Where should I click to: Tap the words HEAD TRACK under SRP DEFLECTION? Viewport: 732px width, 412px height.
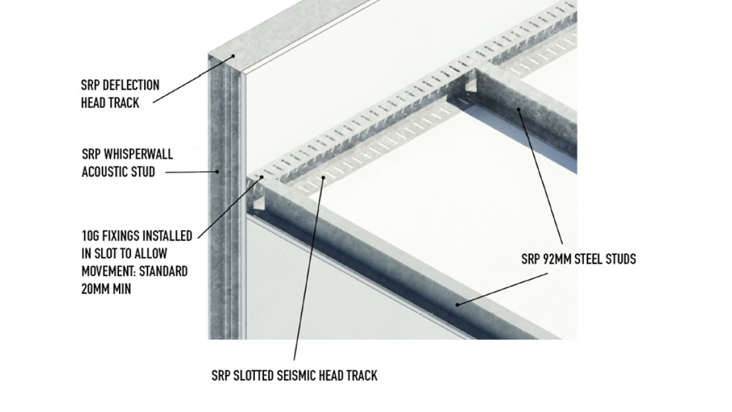click(x=110, y=103)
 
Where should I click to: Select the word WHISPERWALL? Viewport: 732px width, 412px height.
click(x=136, y=154)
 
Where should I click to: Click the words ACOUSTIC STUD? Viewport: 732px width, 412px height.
click(x=118, y=172)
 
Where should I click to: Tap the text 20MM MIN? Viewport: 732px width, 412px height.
click(x=106, y=289)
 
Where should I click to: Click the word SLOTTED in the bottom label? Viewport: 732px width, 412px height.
click(x=253, y=375)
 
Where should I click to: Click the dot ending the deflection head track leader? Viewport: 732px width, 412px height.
click(x=233, y=56)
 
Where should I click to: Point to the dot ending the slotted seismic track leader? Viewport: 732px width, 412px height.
click(x=323, y=177)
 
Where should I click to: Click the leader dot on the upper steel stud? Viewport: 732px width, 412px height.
click(x=518, y=110)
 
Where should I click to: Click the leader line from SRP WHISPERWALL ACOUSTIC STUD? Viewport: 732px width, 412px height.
click(x=190, y=172)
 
